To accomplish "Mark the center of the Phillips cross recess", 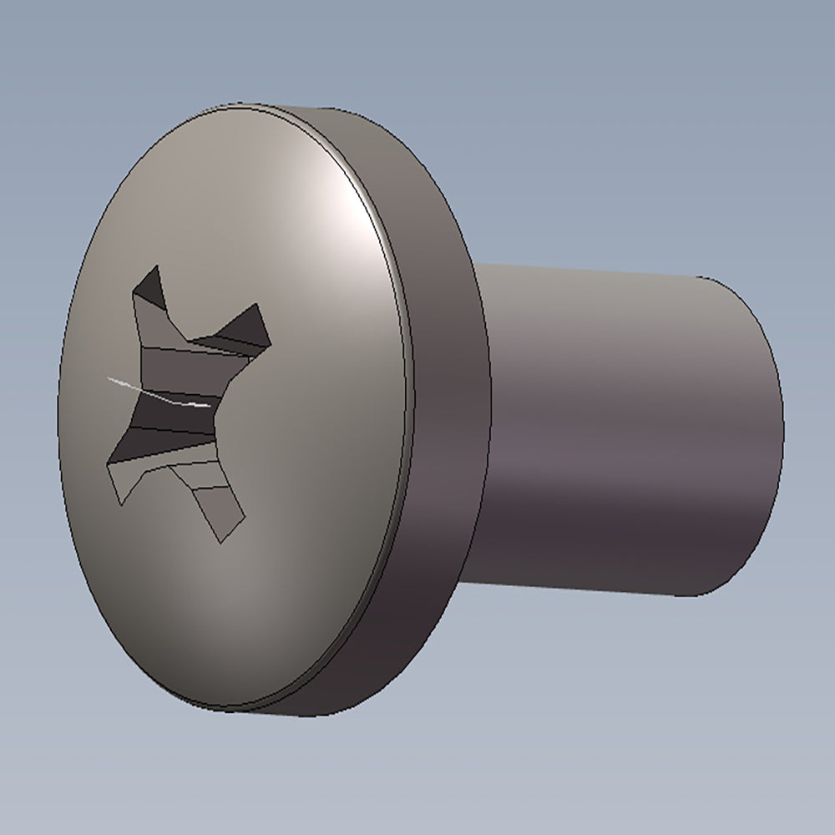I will [x=180, y=401].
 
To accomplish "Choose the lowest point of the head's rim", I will [x=225, y=712].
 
